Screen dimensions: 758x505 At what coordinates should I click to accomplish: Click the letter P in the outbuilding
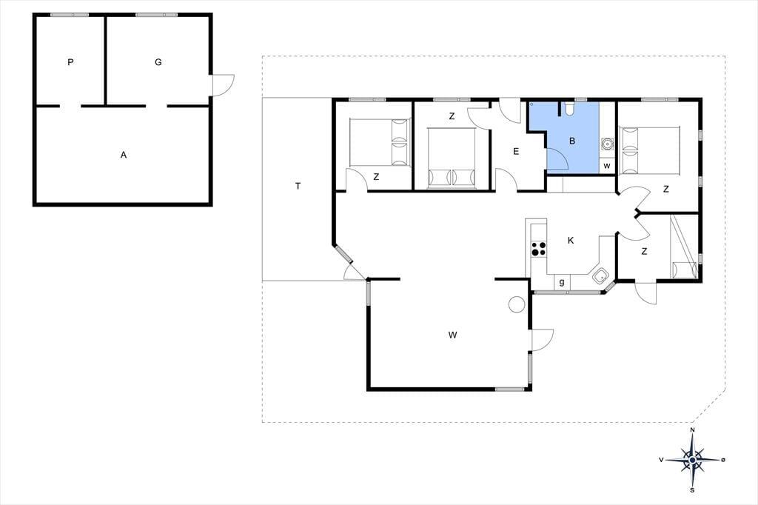(x=70, y=62)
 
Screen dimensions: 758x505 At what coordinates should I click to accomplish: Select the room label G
(x=158, y=62)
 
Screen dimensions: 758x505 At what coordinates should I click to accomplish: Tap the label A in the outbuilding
(x=124, y=155)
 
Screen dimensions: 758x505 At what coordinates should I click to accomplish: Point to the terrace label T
(x=298, y=187)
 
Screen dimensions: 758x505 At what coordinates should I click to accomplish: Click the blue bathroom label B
(x=572, y=141)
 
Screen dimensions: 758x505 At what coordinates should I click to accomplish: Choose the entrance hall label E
(x=516, y=151)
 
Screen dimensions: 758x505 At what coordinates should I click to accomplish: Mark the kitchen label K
(x=571, y=241)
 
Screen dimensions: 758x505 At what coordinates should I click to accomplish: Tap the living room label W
(x=452, y=335)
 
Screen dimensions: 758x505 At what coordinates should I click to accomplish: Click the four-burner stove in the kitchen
(x=539, y=249)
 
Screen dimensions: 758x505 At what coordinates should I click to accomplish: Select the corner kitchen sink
(x=600, y=276)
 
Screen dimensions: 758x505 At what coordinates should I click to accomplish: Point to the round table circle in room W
(x=517, y=304)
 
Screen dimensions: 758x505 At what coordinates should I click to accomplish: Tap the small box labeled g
(x=562, y=282)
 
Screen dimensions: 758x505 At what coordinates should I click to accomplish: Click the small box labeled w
(x=607, y=166)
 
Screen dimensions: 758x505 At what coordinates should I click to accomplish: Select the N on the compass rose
(x=692, y=430)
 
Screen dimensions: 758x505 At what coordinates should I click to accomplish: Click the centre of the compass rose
(x=693, y=460)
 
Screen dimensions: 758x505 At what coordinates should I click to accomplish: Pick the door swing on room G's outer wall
(x=224, y=85)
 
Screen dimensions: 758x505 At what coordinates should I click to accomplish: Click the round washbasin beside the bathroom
(x=607, y=144)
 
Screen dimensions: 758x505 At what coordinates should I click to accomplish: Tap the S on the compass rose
(x=692, y=490)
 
